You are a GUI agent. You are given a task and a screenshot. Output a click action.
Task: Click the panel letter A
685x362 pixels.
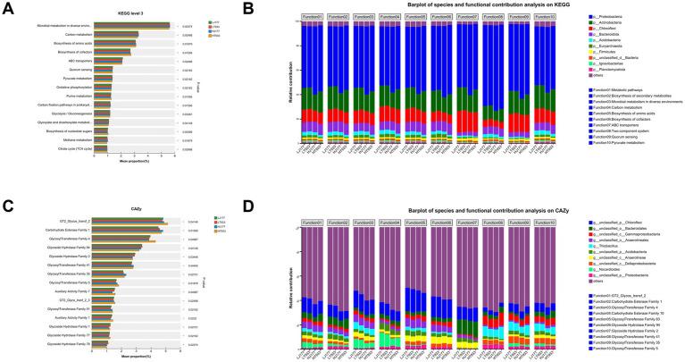click(x=6, y=8)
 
